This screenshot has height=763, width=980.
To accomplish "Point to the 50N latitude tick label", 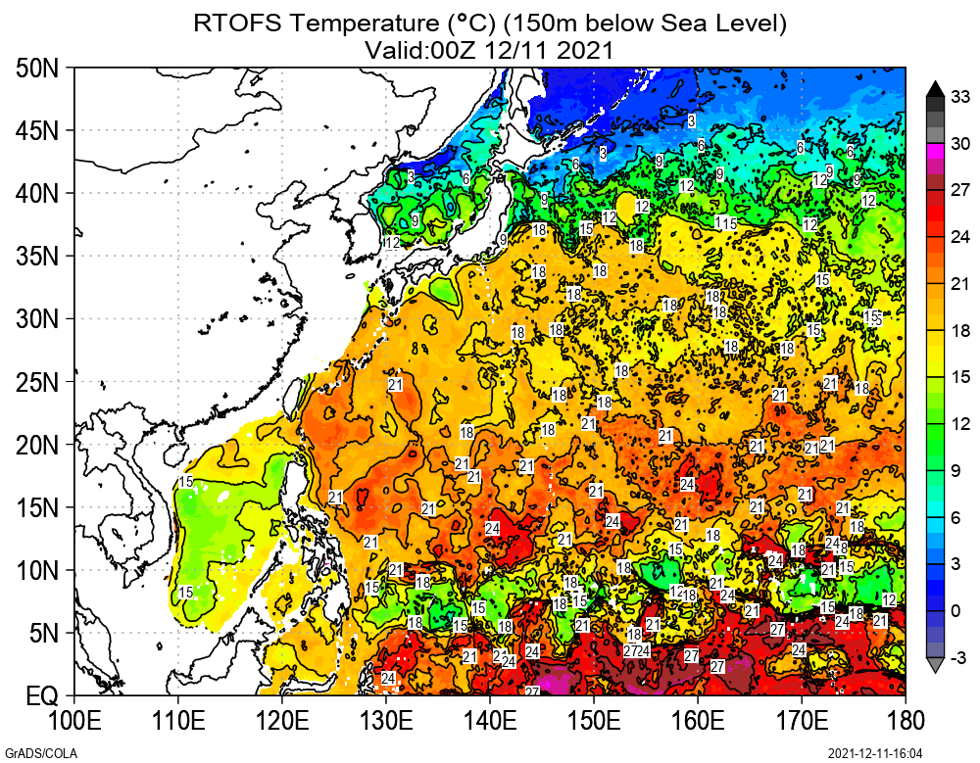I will pos(39,69).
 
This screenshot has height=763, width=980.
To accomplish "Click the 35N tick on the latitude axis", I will pos(39,257).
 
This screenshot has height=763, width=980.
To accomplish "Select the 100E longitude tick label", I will pos(74,722).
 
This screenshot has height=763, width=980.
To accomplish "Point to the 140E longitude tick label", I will pos(490,722).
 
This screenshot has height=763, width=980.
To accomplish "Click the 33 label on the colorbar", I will pos(959,96).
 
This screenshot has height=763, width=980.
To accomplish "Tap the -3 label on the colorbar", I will pos(959,655).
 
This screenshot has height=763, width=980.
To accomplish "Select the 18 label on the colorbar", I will pos(961,331).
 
